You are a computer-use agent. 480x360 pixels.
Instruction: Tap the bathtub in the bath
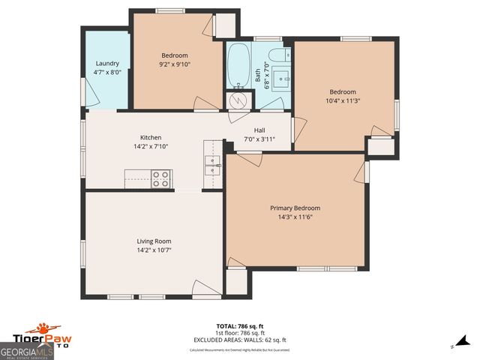[238, 66]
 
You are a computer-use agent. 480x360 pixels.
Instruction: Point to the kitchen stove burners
[160, 178]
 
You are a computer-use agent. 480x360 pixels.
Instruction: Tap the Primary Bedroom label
[295, 208]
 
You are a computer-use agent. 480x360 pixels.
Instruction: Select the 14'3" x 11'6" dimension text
[295, 217]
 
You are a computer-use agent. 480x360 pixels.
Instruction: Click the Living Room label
[154, 241]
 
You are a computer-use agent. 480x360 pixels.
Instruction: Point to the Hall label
[259, 130]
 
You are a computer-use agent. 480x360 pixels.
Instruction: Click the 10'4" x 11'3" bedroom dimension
[343, 100]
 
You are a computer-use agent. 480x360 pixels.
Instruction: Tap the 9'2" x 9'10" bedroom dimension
[175, 64]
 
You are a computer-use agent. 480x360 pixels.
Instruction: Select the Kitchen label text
[151, 137]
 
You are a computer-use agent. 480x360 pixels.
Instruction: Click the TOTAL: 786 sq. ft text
[240, 326]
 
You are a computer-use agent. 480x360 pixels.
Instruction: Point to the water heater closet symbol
[237, 100]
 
